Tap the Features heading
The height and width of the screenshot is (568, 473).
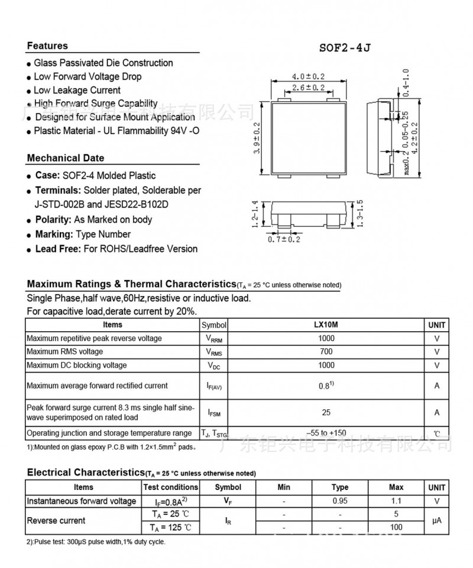47,46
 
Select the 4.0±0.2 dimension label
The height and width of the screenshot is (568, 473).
309,76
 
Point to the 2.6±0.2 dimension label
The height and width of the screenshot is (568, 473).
309,88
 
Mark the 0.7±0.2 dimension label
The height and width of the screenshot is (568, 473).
284,239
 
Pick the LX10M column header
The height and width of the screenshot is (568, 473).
326,325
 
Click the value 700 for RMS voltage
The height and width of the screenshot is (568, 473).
326,352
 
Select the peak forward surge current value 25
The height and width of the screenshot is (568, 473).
326,412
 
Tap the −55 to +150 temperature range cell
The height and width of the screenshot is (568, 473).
326,433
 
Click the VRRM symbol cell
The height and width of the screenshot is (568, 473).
213,339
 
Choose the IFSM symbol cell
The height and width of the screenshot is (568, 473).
213,413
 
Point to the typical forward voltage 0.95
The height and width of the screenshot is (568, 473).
340,501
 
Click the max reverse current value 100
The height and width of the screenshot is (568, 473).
396,527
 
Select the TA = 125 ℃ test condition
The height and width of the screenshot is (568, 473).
170,527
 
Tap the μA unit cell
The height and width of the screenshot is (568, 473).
437,521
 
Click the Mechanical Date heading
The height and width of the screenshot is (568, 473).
65,158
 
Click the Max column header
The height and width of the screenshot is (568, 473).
396,487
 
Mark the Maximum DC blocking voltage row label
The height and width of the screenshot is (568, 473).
76,365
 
